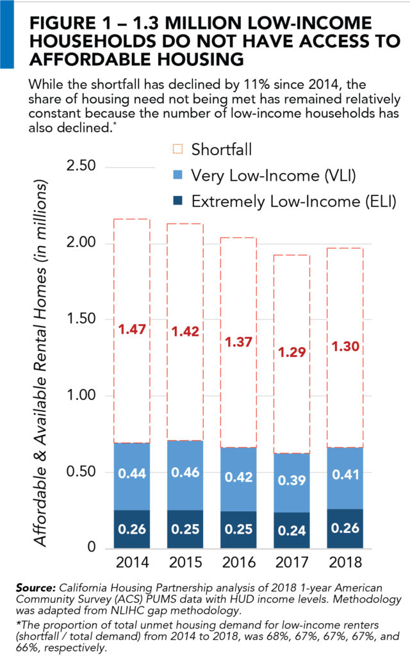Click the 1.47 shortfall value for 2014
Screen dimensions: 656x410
point(131,331)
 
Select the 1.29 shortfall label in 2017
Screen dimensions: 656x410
point(292,352)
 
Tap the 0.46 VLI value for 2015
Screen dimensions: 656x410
point(185,473)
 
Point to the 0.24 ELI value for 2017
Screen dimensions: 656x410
point(292,530)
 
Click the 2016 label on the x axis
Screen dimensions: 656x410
point(239,563)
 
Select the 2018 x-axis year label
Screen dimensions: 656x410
point(345,563)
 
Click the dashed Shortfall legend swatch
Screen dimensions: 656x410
point(178,149)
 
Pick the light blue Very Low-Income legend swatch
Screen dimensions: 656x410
point(178,176)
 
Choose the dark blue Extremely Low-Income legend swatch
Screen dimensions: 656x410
point(178,201)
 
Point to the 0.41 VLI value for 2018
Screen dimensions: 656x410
point(345,475)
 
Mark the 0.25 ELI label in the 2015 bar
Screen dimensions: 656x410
point(185,529)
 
